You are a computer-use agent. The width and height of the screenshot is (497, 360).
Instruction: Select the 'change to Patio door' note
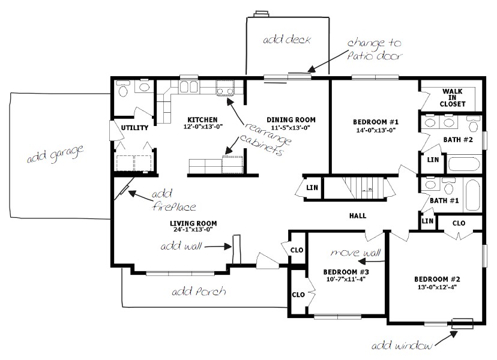tap(373, 50)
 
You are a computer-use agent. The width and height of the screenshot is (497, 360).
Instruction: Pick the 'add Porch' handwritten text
tap(199, 292)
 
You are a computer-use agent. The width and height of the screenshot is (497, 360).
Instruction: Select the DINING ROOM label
tap(291, 119)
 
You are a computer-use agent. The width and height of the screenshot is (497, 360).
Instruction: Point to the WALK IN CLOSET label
tap(453, 97)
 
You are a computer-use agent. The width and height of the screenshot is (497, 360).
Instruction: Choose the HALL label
tap(357, 216)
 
